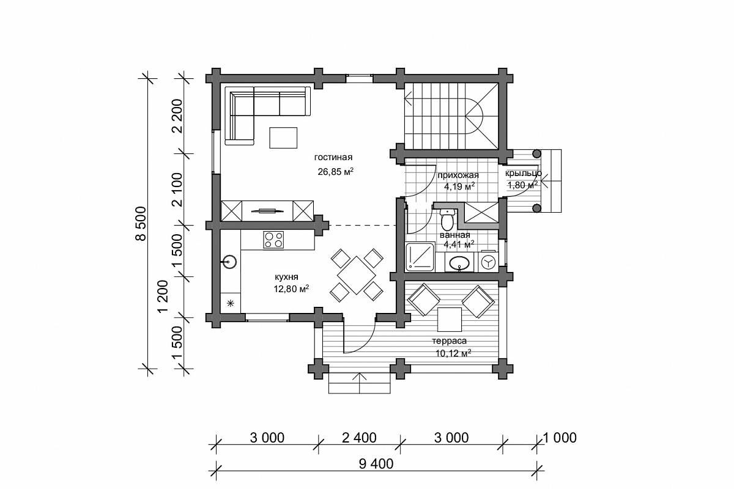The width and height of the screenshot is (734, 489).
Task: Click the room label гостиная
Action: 333,158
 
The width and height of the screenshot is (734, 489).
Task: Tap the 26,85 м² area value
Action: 336,172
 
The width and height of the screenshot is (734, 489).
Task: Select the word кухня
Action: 286,277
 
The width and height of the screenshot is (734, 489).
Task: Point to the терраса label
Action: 449,341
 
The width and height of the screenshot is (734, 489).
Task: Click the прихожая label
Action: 458,175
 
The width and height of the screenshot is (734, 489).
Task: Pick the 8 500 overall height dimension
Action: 141,224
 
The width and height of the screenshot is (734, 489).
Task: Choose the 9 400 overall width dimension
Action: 376,464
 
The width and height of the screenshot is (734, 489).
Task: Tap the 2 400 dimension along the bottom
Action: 359,438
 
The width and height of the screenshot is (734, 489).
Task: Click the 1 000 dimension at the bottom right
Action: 560,438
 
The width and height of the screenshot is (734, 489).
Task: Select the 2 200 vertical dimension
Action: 177,116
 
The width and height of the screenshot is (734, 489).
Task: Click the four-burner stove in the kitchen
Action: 273,240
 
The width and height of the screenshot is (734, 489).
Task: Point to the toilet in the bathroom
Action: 447,219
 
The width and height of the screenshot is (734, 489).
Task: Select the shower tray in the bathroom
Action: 420,257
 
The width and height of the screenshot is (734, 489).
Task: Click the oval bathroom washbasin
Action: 459,263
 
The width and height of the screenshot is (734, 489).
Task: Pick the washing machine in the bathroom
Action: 488,262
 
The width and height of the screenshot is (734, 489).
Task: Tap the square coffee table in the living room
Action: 283,138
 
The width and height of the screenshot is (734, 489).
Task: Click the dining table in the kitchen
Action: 357,276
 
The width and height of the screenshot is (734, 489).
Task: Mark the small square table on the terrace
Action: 449,320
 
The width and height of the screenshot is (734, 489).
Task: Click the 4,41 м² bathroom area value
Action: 459,244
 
